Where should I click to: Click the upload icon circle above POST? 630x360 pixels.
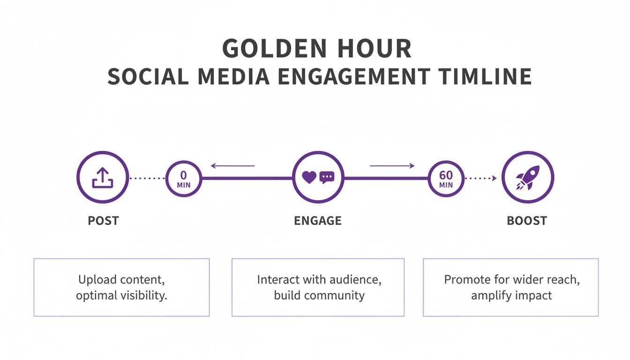(x=102, y=178)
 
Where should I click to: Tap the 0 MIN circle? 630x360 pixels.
(x=183, y=178)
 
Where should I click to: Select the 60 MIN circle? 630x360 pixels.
(x=446, y=178)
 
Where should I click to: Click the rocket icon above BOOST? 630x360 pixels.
(x=527, y=178)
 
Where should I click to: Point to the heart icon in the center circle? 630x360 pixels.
(x=309, y=177)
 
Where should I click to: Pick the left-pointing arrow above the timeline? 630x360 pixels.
(x=233, y=165)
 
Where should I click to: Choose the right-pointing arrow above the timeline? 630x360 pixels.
(x=392, y=165)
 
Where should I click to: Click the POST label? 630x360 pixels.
(x=103, y=220)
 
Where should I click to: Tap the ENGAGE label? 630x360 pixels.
(x=318, y=220)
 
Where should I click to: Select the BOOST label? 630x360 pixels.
(x=527, y=220)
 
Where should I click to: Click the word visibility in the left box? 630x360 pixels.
(x=145, y=296)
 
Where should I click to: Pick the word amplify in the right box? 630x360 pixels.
(x=490, y=296)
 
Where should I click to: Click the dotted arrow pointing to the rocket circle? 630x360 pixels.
(x=481, y=178)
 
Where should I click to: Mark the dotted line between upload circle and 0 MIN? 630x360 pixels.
(x=147, y=178)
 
